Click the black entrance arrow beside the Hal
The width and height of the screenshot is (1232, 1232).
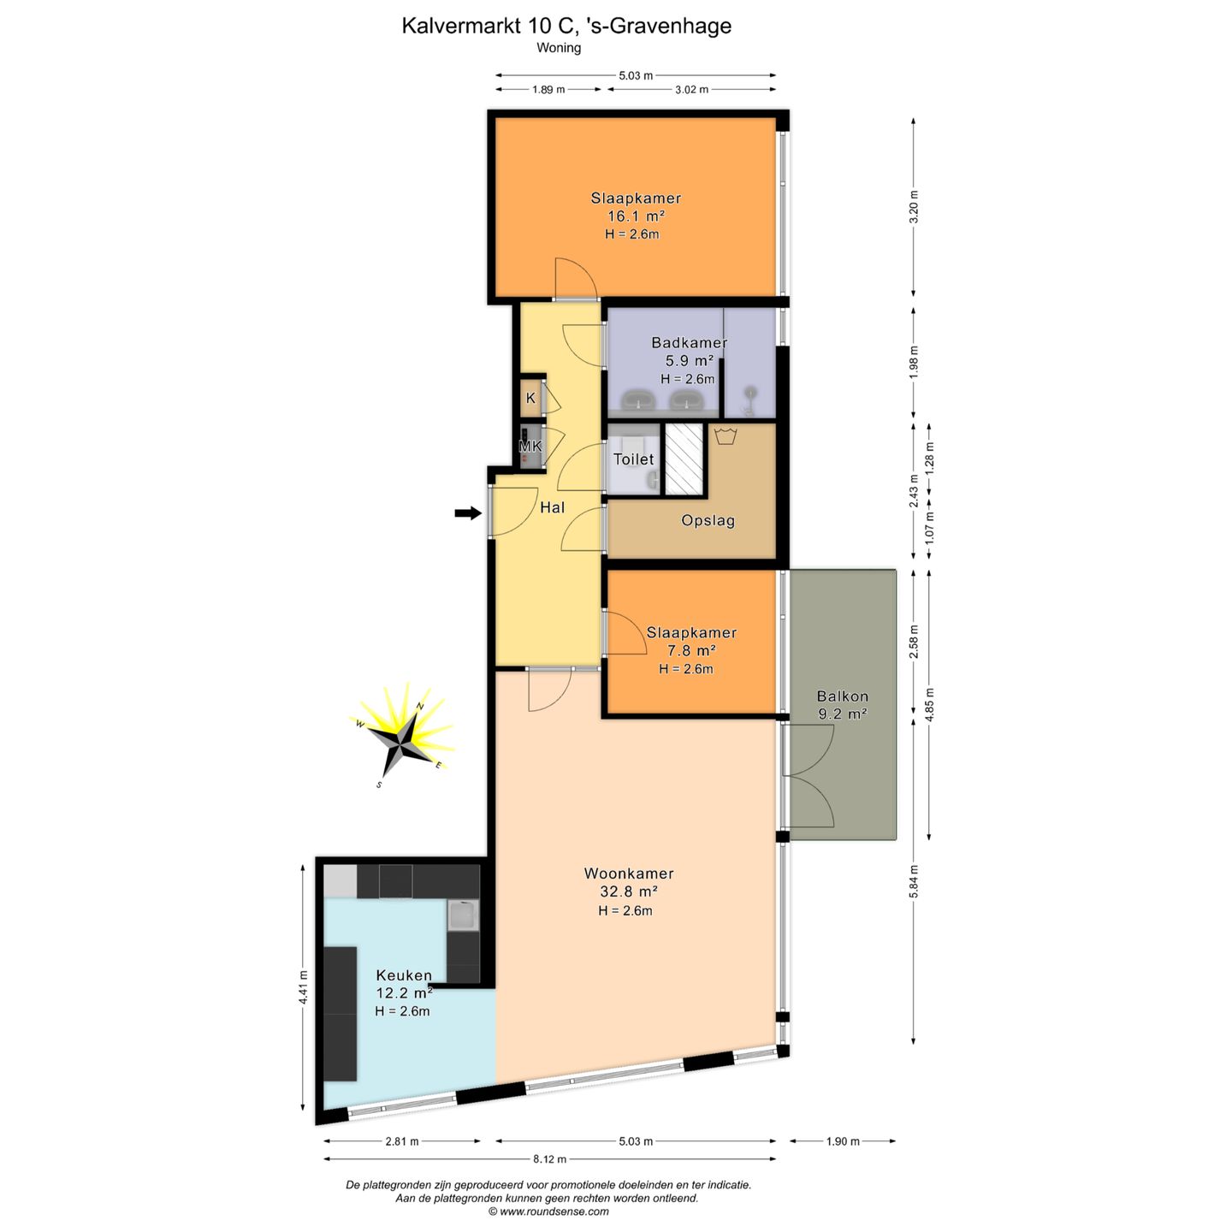[467, 512]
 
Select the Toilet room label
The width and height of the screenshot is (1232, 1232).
[634, 459]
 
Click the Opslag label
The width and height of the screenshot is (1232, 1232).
[708, 520]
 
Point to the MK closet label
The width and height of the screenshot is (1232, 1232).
[530, 446]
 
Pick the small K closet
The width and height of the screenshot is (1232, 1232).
[530, 398]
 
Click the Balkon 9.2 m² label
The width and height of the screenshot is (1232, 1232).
[842, 705]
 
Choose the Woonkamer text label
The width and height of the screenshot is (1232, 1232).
[629, 873]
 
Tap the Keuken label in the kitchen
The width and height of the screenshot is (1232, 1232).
[404, 975]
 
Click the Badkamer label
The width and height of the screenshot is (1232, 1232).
[690, 342]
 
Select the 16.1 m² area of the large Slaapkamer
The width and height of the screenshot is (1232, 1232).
[636, 216]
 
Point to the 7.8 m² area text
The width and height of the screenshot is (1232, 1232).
[690, 650]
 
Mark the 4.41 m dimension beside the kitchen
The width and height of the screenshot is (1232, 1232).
[303, 988]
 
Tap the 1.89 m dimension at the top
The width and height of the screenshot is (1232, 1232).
[548, 90]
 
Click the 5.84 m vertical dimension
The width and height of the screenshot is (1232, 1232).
[914, 881]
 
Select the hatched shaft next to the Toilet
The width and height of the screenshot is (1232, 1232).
[684, 459]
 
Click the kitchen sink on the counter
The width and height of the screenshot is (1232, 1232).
[463, 915]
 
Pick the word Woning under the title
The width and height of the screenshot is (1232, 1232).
[559, 47]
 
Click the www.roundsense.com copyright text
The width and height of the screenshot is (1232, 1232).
[548, 1211]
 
